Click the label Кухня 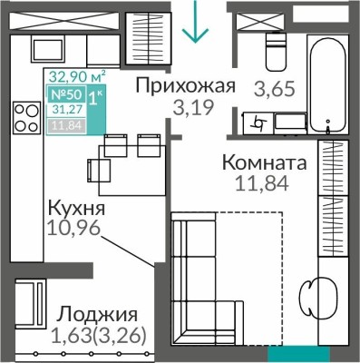point(76,210)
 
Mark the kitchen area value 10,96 point(76,231)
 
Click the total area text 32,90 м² point(77,78)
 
